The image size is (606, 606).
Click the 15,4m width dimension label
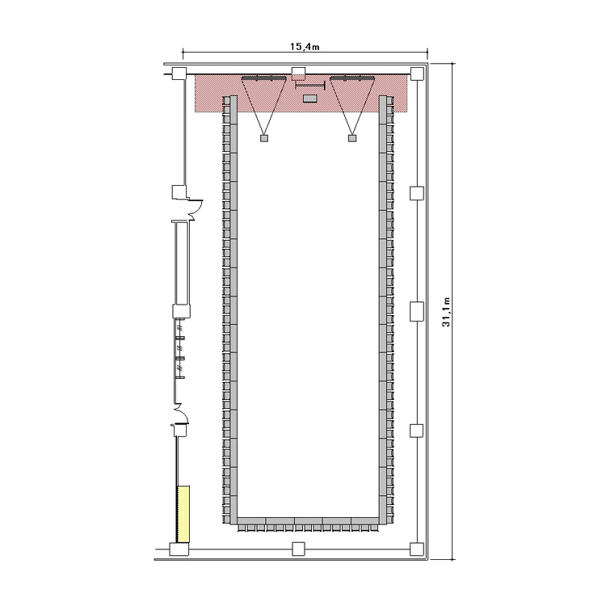[x=305, y=47]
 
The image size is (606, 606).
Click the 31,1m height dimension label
[x=446, y=312]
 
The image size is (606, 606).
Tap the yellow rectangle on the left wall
[x=183, y=514]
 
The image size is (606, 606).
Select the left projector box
[x=264, y=138]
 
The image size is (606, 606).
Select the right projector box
[x=352, y=138]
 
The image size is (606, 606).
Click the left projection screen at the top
[x=264, y=78]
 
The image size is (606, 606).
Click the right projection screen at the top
[x=352, y=78]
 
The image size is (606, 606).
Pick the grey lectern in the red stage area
[x=310, y=98]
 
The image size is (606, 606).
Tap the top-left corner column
[x=179, y=74]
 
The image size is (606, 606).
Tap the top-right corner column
[x=417, y=74]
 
